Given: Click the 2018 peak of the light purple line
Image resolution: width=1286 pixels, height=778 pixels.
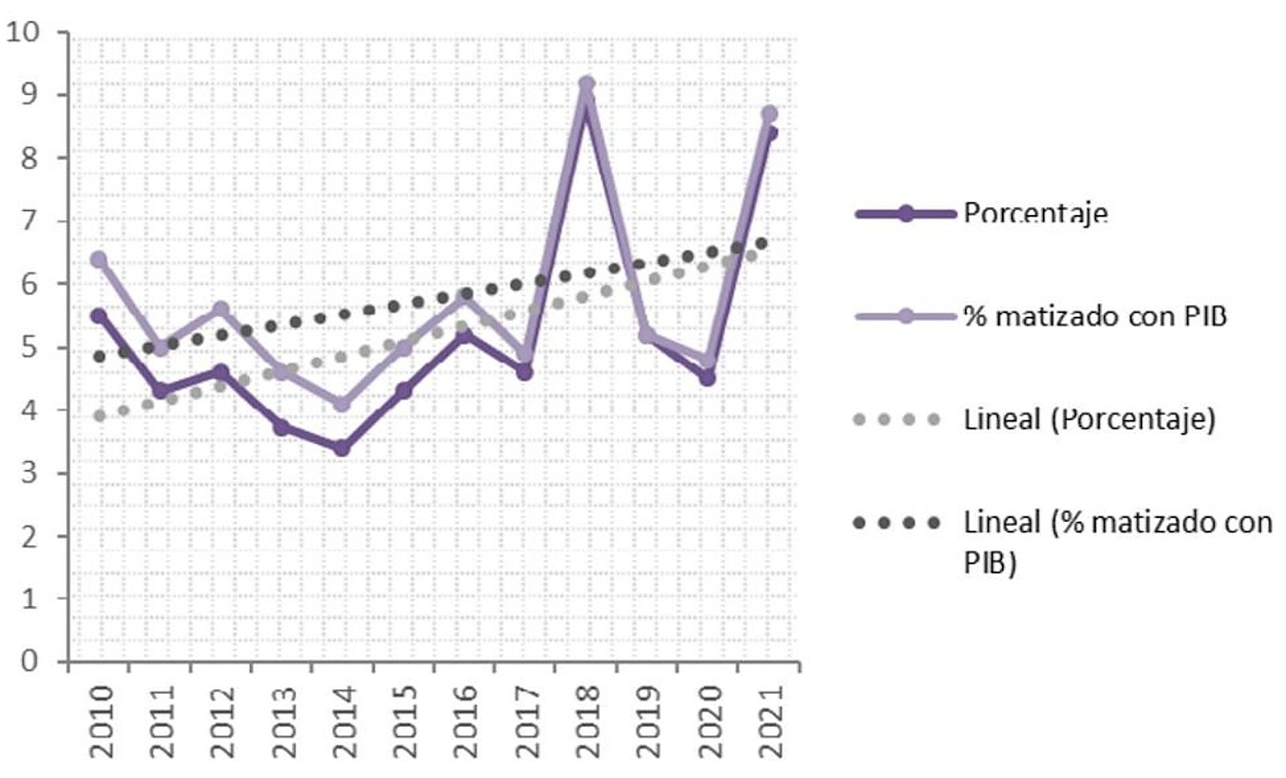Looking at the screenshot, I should click(587, 84).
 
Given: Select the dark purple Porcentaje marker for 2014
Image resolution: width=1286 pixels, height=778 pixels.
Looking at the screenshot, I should click(342, 448).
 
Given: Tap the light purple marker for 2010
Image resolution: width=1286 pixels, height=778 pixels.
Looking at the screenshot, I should click(98, 259).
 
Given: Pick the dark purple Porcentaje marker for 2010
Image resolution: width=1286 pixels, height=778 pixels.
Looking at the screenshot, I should click(98, 316).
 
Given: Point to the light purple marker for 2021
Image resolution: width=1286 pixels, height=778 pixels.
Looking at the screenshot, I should click(770, 113).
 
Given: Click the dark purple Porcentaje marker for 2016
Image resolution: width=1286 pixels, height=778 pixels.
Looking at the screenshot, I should click(464, 334).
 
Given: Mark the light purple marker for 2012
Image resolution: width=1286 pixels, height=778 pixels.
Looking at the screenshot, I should click(221, 309).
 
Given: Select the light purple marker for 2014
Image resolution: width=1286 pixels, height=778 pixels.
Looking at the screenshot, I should click(342, 404).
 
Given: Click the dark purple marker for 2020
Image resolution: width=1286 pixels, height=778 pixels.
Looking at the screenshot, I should click(707, 379).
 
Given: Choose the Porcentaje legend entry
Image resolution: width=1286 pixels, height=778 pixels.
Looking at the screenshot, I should click(1035, 214).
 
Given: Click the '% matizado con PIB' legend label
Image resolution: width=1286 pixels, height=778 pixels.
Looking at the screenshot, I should click(1094, 316).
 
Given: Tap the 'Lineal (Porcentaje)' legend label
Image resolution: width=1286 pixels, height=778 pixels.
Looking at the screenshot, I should click(1089, 420).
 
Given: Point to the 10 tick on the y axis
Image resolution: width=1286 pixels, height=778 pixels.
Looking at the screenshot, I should click(23, 32).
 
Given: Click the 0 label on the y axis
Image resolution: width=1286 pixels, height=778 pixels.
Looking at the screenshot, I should click(29, 661).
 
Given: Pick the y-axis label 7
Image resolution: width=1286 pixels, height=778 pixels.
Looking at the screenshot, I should click(29, 220).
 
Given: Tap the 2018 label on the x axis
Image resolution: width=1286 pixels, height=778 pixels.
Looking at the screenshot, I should click(587, 721).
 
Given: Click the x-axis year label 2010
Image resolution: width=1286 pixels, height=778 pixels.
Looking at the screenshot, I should click(102, 721).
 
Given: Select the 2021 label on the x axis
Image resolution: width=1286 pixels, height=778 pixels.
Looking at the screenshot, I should click(772, 721).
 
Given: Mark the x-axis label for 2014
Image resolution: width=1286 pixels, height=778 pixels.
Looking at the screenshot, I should click(344, 721).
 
